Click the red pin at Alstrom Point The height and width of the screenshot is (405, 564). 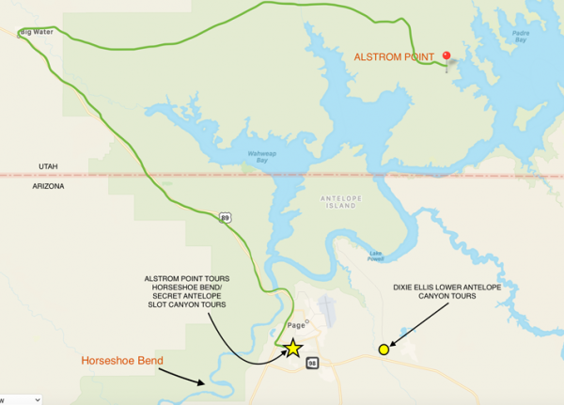[x=446, y=56]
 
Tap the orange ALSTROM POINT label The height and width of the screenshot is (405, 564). [x=393, y=57]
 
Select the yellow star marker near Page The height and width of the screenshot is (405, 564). [x=292, y=348]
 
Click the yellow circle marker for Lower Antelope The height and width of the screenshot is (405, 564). [x=384, y=350]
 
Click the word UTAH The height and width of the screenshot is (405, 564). [x=48, y=166]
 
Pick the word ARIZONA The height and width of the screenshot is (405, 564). [x=48, y=186]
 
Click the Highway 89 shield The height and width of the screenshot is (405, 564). [x=225, y=218]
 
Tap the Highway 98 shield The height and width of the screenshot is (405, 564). [x=312, y=362]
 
